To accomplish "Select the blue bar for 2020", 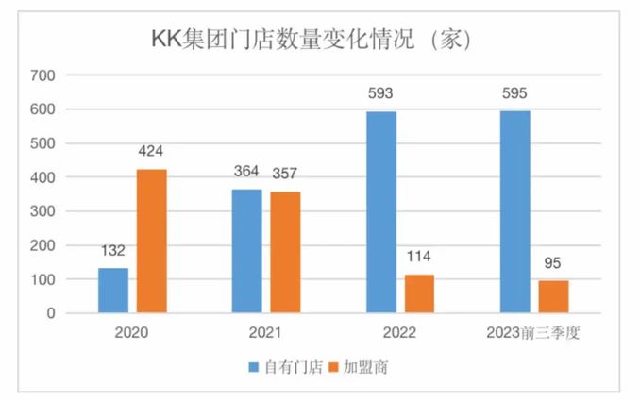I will pyautogui.click(x=113, y=290).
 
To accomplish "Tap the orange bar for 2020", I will pyautogui.click(x=152, y=241).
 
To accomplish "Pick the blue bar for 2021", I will pyautogui.click(x=247, y=251).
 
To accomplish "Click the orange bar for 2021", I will pyautogui.click(x=286, y=252).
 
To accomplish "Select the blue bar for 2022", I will pyautogui.click(x=381, y=212).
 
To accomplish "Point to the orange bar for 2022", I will pyautogui.click(x=420, y=293).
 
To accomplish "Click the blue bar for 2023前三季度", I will pyautogui.click(x=515, y=211).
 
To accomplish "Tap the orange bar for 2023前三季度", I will pyautogui.click(x=554, y=296).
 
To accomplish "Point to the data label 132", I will pyautogui.click(x=113, y=253).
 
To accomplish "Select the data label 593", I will pyautogui.click(x=381, y=94).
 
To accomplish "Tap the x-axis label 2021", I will pyautogui.click(x=266, y=333).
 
